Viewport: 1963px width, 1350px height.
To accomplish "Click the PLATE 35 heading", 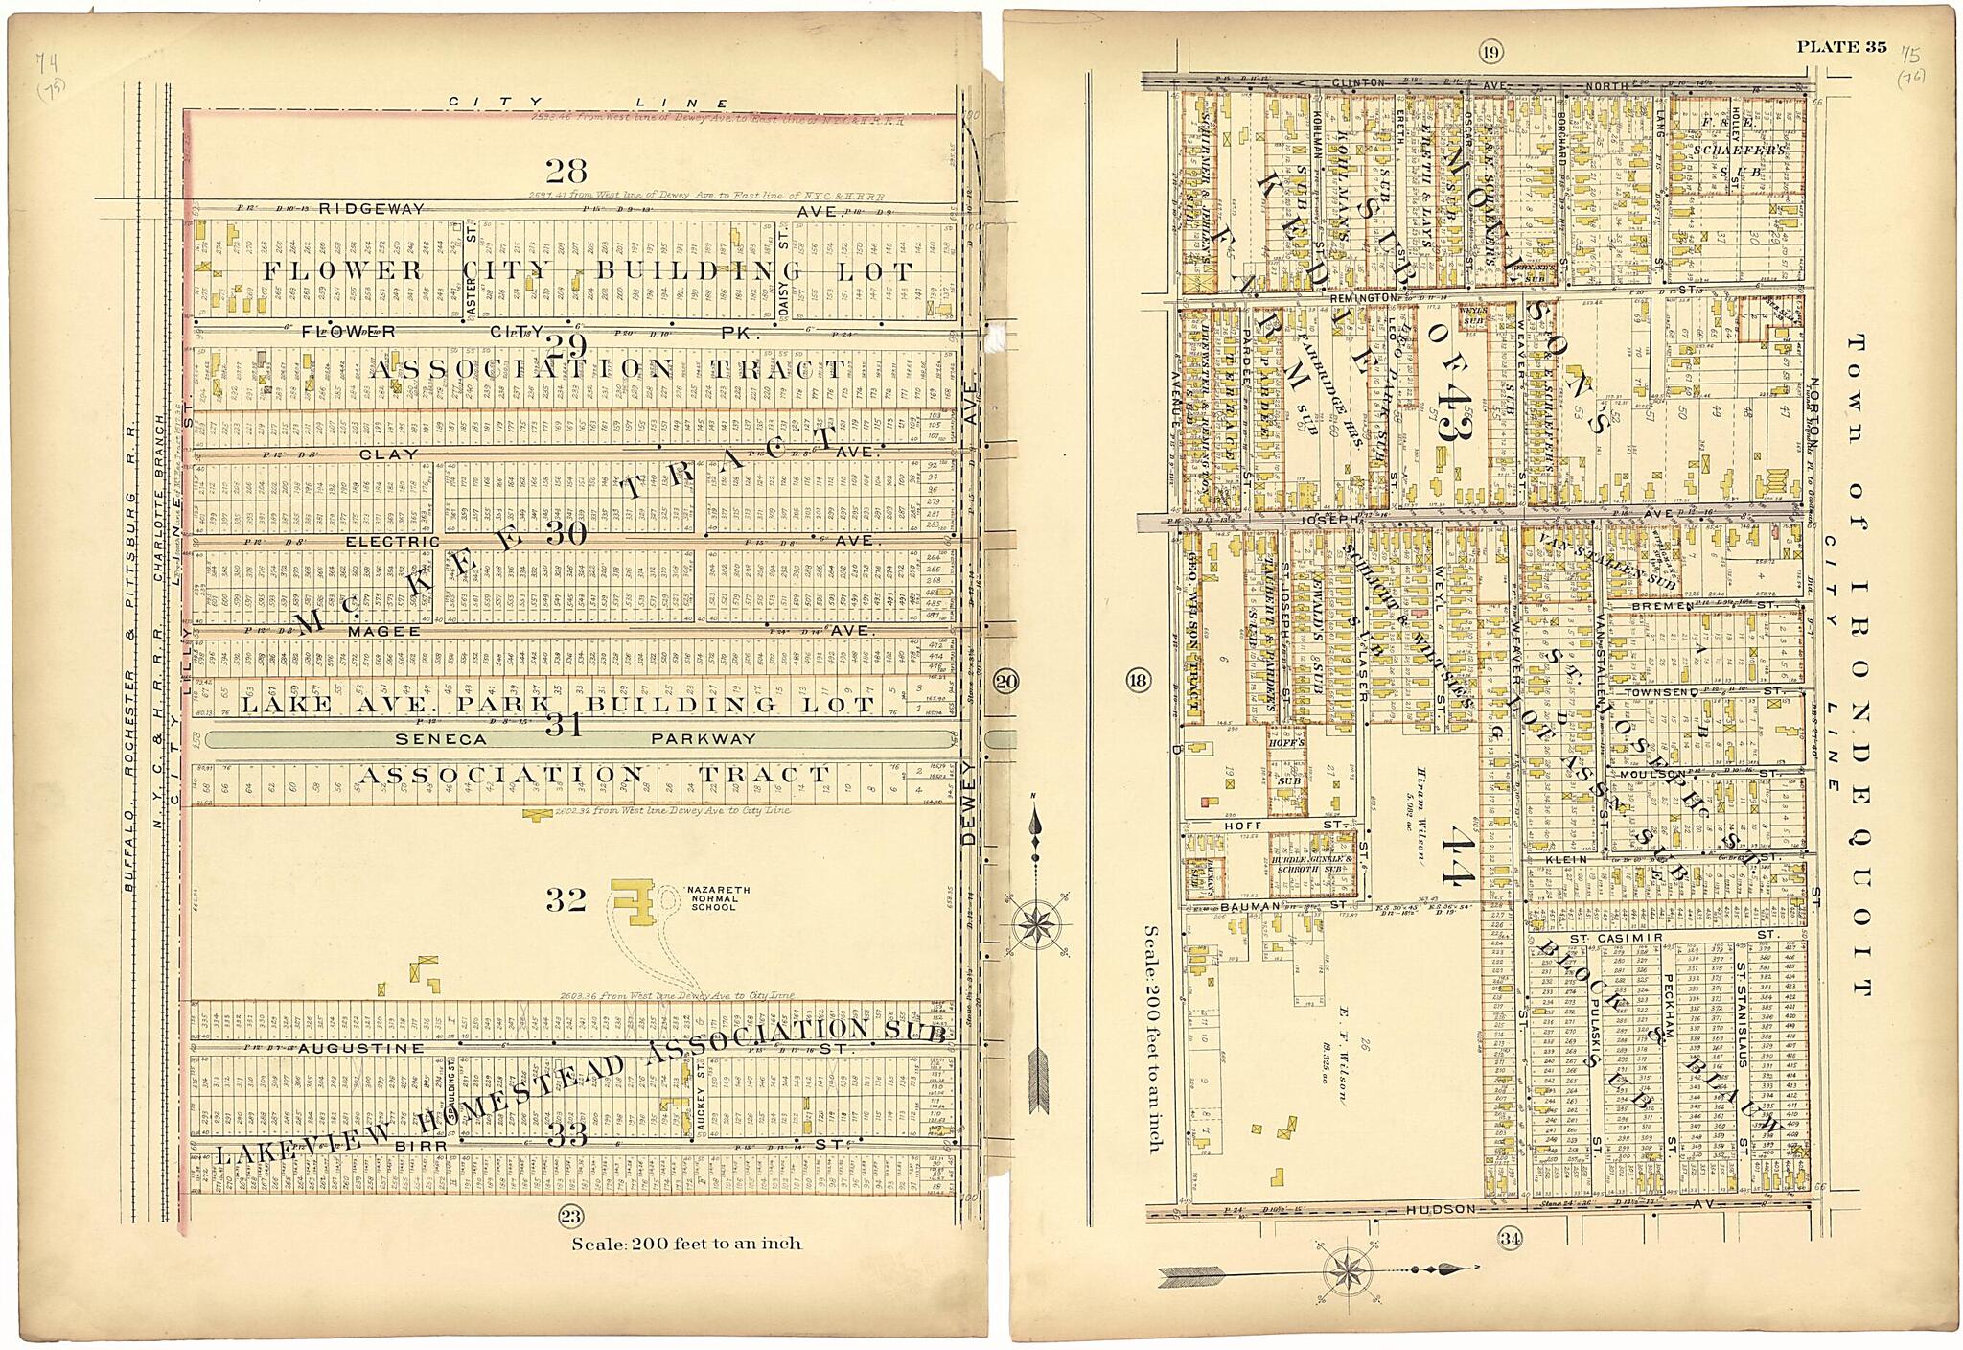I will tap(1841, 47).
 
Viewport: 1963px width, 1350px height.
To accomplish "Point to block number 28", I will tap(566, 172).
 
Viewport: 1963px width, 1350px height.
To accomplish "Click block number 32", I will tap(566, 900).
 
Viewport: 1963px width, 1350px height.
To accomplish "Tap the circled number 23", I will tap(570, 1217).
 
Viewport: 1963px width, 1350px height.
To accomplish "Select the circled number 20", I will tap(1005, 682).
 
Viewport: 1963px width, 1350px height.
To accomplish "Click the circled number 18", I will tap(1138, 682).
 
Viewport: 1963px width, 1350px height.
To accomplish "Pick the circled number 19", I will tap(1490, 53).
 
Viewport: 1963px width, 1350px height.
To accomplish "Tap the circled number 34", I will tap(1511, 1238).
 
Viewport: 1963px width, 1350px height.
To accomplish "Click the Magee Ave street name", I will tap(383, 631).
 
